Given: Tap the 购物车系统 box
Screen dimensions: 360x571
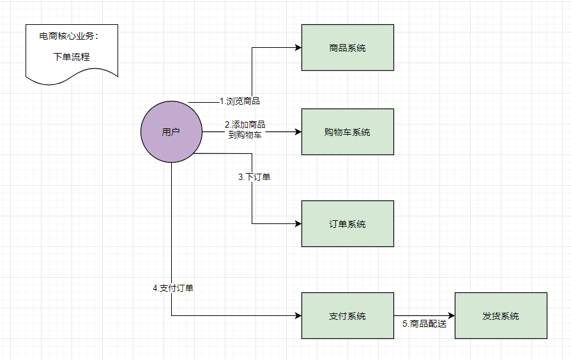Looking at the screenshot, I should tap(347, 131).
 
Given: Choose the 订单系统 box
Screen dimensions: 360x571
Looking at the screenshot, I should tap(347, 223).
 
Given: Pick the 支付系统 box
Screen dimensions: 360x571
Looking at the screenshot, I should tap(347, 315).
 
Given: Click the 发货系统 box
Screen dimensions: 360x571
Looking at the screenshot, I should tap(501, 315).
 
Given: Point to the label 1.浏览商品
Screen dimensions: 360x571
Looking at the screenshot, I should tap(240, 101).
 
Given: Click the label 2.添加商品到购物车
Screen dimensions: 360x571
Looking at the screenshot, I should tap(245, 129).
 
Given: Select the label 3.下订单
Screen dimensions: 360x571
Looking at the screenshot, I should tap(254, 177).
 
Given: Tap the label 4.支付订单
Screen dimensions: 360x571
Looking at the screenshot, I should tap(173, 288).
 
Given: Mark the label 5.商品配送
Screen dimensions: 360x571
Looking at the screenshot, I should tap(424, 324).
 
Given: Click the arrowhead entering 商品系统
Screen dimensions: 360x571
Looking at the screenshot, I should tap(298, 47).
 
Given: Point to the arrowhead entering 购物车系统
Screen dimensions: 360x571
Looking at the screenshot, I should tap(298, 132).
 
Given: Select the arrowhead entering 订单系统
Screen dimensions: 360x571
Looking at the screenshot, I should tap(298, 223).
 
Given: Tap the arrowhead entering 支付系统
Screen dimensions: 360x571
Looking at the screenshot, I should tap(298, 315).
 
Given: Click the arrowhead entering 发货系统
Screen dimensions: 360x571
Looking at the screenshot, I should tap(452, 315).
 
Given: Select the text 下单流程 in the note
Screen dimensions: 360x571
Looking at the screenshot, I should tap(72, 56).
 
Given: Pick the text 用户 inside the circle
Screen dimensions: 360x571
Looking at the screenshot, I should tap(171, 132).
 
